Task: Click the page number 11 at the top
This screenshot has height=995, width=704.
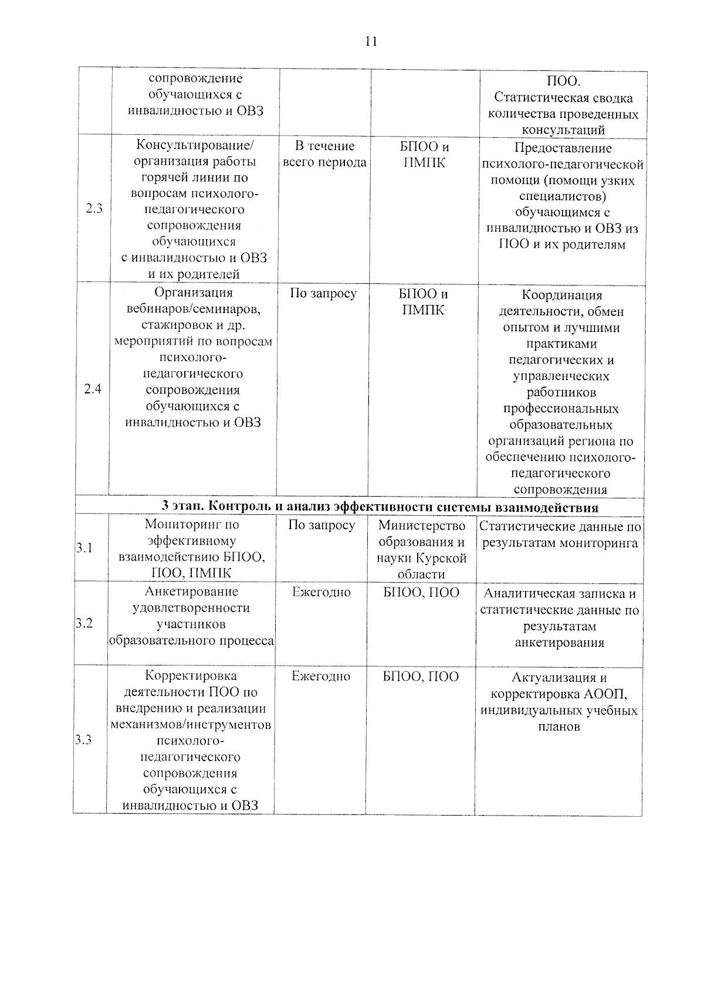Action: click(x=371, y=42)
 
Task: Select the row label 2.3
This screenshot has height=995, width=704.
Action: click(x=93, y=208)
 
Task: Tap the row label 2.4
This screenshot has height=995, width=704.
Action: click(x=92, y=389)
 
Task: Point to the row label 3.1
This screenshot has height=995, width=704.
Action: click(x=84, y=548)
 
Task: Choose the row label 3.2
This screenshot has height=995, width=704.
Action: click(x=84, y=623)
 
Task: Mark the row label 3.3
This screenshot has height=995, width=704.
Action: click(x=84, y=740)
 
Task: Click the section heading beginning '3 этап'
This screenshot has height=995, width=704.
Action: click(x=380, y=507)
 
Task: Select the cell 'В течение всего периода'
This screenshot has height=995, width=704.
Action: click(x=324, y=154)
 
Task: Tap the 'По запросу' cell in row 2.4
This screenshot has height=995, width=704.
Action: click(x=323, y=293)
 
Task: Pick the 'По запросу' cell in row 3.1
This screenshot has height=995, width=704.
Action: click(x=321, y=525)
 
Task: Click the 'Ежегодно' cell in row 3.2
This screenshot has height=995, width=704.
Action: click(x=321, y=592)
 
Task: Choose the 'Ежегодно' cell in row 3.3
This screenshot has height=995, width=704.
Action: click(x=321, y=676)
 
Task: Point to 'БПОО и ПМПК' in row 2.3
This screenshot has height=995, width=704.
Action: click(x=424, y=155)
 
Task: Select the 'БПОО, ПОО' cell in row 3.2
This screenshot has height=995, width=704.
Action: click(x=421, y=592)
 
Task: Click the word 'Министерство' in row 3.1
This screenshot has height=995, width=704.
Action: click(x=422, y=526)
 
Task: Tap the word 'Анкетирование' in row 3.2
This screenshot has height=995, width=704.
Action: click(x=191, y=592)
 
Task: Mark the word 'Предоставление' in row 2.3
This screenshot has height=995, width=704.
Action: click(x=563, y=148)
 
